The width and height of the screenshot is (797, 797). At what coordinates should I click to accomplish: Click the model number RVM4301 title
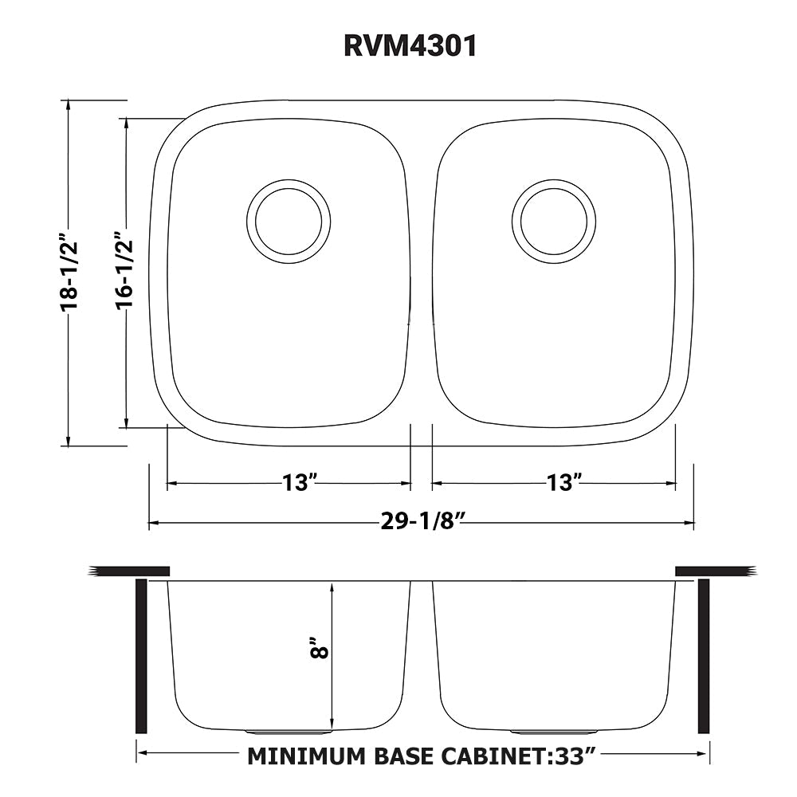[410, 46]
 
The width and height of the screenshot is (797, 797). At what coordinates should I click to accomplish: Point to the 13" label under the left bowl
[300, 482]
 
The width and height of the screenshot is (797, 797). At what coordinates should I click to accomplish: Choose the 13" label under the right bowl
[564, 482]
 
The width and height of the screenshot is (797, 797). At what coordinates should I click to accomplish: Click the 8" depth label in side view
[320, 648]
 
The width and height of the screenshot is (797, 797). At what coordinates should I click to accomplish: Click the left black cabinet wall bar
[141, 656]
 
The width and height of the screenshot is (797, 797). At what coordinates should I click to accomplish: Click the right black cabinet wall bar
[704, 656]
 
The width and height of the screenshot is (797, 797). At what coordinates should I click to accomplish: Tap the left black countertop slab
[131, 571]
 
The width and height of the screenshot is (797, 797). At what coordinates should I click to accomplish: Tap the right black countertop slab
[713, 571]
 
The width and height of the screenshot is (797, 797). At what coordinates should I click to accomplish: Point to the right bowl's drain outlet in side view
[554, 731]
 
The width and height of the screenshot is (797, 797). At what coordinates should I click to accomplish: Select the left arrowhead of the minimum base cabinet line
[143, 751]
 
